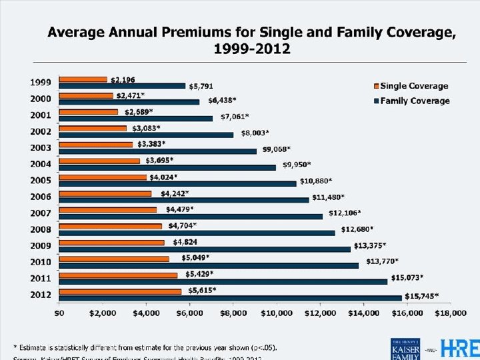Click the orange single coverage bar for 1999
pos(83,80)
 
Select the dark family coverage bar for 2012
pos(231,297)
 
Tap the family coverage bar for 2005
pos(177,183)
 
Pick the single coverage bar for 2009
pos(111,242)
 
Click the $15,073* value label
pos(411,277)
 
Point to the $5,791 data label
pos(201,86)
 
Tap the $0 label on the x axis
pos(59,312)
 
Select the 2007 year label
pos(41,212)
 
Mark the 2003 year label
pos(41,147)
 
